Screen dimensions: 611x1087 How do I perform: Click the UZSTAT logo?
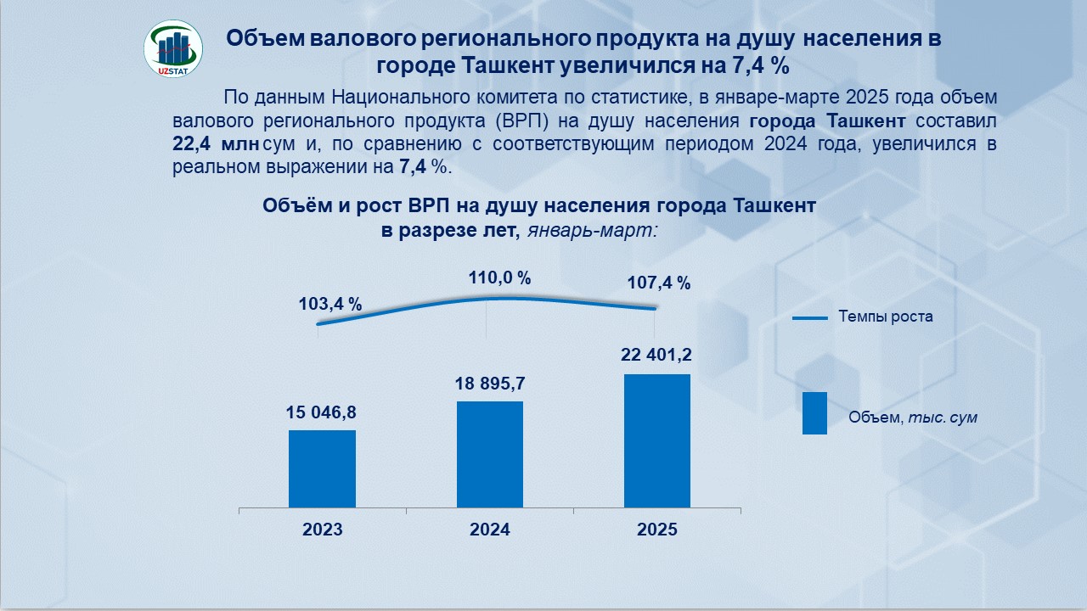click(x=173, y=49)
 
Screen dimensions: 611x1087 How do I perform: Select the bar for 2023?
click(x=322, y=468)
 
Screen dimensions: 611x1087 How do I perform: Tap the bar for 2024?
click(x=489, y=454)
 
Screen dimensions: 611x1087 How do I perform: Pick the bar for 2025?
click(x=656, y=440)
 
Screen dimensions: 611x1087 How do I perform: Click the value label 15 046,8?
click(x=322, y=412)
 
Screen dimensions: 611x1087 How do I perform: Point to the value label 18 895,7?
click(x=489, y=384)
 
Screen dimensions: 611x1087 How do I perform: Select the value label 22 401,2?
click(x=656, y=356)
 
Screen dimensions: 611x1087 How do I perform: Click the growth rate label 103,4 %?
click(x=330, y=304)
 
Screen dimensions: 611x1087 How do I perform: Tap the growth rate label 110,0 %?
click(x=499, y=277)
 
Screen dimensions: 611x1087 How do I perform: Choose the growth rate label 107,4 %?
click(x=658, y=283)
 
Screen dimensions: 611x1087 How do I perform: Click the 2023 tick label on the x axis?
click(x=322, y=530)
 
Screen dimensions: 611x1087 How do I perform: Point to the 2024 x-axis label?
click(x=490, y=530)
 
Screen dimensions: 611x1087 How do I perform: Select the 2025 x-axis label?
click(x=657, y=530)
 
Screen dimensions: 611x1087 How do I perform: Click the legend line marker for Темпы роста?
click(x=809, y=318)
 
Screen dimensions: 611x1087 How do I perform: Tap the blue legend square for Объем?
click(x=814, y=413)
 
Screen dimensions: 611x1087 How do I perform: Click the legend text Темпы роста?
click(x=886, y=317)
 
